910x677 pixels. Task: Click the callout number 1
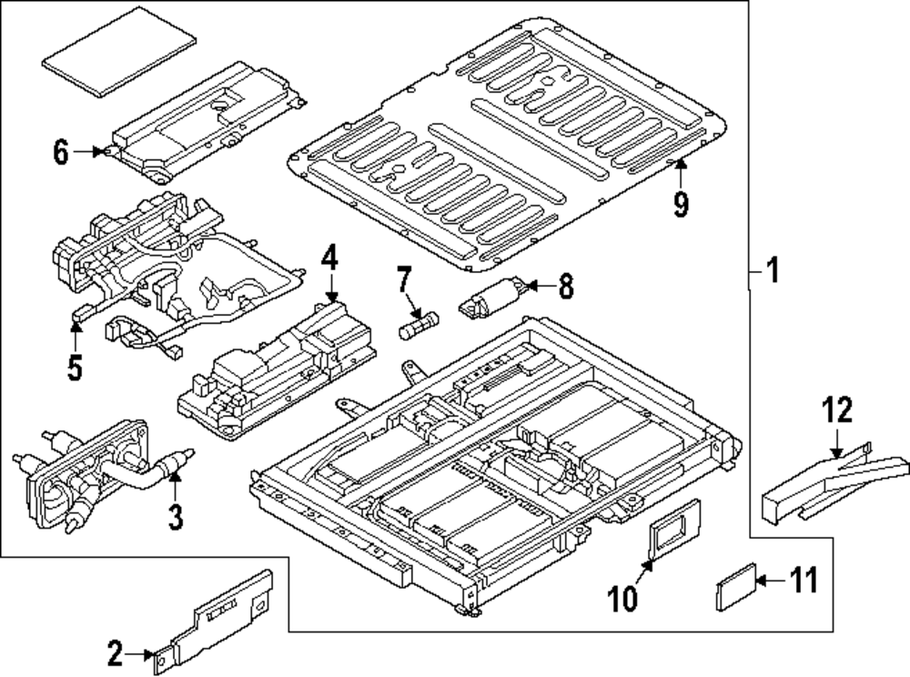pos(772,271)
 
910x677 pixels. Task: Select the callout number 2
pos(115,652)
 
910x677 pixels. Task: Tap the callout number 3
pos(175,519)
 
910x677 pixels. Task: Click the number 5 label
pos(74,368)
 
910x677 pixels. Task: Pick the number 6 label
pos(61,153)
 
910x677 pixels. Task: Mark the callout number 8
pos(565,288)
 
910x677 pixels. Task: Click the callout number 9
pos(681,206)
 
